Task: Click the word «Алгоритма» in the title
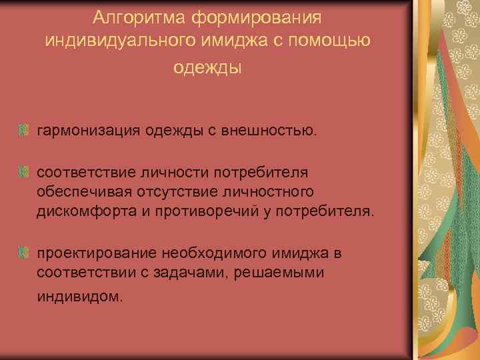click(133, 15)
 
